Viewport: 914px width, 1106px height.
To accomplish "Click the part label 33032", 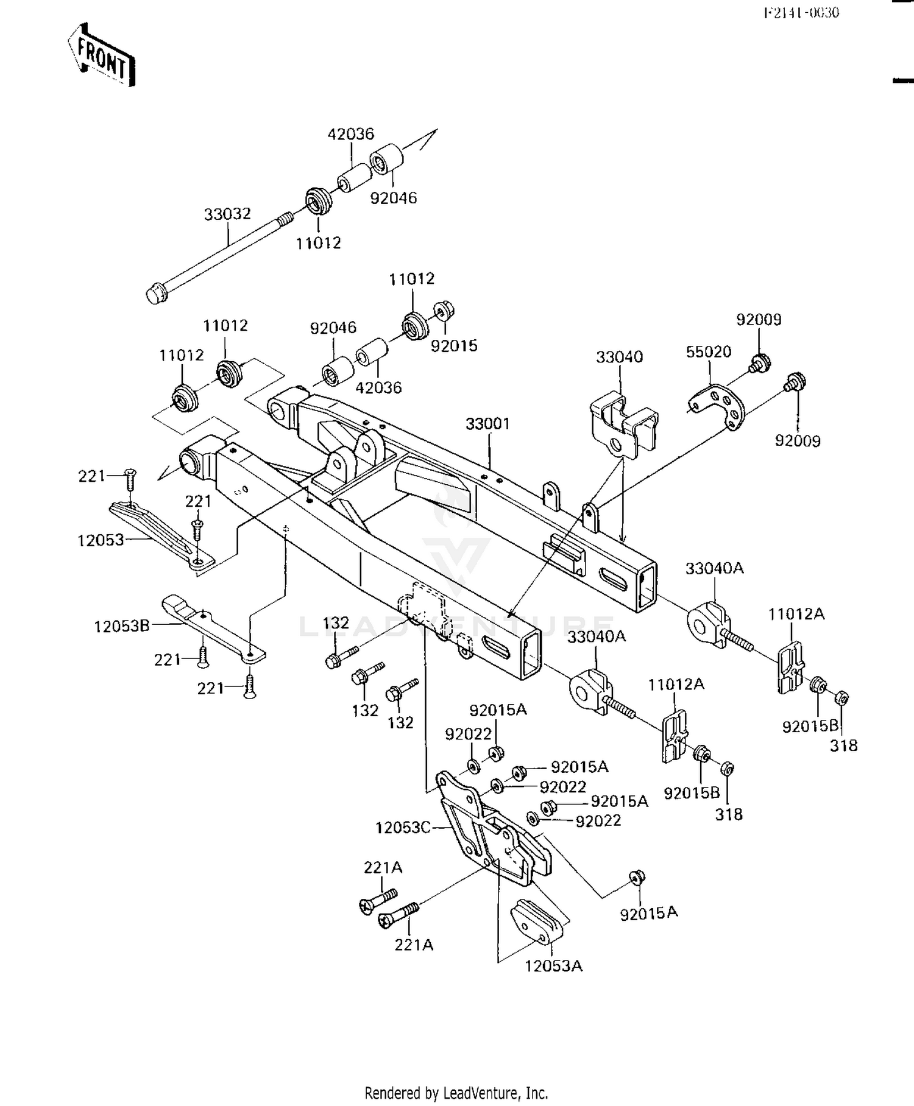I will [227, 214].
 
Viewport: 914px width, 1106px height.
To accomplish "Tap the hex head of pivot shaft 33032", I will [156, 294].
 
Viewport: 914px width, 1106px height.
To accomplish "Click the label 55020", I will [708, 351].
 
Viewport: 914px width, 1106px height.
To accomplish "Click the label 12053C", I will [403, 828].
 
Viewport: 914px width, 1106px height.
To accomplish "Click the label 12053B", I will [121, 626].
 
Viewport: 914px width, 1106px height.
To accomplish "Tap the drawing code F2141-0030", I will [801, 13].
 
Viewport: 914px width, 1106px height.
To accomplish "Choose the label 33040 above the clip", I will [619, 357].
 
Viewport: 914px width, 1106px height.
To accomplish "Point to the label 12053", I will [101, 540].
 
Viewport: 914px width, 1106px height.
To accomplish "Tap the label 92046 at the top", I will [394, 198].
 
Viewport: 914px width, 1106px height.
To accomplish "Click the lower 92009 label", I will [797, 440].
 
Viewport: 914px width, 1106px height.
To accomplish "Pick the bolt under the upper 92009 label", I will [759, 363].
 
